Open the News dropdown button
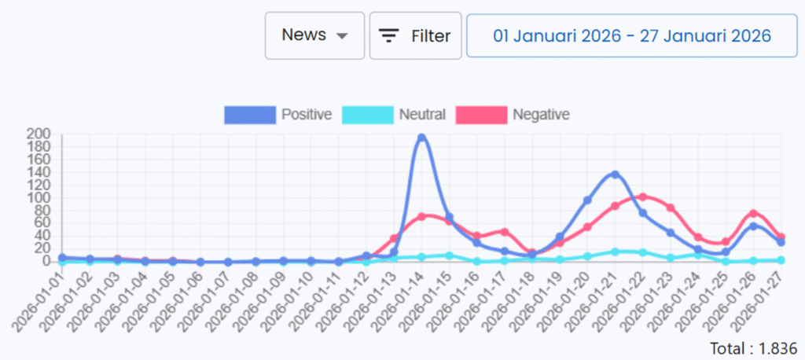(314, 35)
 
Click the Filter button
(415, 35)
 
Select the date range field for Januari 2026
(631, 35)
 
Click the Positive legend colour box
(250, 115)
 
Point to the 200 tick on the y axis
(39, 134)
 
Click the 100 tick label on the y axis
(39, 197)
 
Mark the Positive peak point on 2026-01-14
(421, 138)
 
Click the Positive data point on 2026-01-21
(615, 174)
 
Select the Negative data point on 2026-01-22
(643, 197)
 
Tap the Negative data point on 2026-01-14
(421, 216)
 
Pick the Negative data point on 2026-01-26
(753, 214)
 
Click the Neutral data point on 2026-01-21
(615, 252)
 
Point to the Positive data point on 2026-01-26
(753, 226)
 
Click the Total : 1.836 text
(752, 347)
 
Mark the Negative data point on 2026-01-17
(505, 232)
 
